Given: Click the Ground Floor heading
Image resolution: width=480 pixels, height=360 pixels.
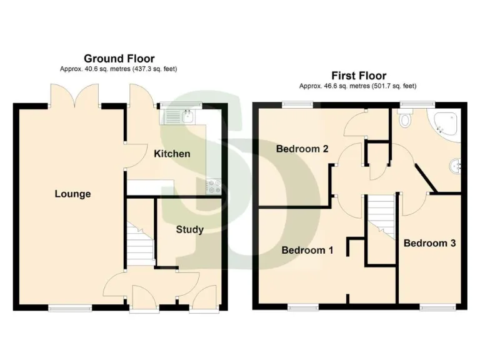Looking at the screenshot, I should coord(119,59).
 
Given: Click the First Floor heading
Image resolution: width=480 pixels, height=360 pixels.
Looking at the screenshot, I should coord(358,76).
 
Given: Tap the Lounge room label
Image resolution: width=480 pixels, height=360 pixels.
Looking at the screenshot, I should coord(72,194).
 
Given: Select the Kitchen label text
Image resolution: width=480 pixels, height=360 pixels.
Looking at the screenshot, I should coord(172,154).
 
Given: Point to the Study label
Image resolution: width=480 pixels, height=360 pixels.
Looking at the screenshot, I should coord(189,229).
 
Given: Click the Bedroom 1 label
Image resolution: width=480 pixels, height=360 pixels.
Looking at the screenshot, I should coord(307,251).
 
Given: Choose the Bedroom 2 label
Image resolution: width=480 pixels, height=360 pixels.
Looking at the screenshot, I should coord(302,149).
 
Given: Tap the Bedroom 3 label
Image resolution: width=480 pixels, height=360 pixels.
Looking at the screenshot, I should coord(429,243).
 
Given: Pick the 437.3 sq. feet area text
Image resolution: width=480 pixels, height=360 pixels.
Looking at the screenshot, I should coord(151,68).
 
